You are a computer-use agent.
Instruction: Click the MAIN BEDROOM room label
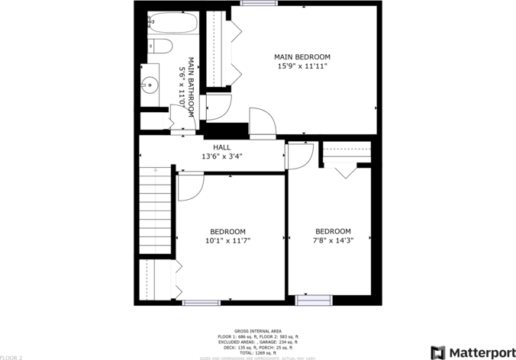click(x=302, y=56)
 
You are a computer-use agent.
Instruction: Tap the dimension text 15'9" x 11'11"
click(x=302, y=66)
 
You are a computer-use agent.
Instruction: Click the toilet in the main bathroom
click(x=159, y=46)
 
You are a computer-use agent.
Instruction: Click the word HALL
click(x=221, y=147)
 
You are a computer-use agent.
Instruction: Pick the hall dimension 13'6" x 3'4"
click(x=221, y=156)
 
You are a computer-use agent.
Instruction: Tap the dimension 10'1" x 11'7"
click(x=227, y=240)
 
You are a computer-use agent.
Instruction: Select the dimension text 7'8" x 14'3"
click(x=333, y=240)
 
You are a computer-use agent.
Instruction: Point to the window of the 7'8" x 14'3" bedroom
click(x=313, y=302)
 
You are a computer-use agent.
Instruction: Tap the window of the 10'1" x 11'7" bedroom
click(x=201, y=303)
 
